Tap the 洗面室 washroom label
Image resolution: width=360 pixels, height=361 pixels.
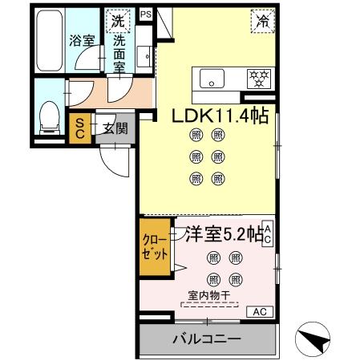[x=119, y=52]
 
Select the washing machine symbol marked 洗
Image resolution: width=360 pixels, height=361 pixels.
[x=117, y=19]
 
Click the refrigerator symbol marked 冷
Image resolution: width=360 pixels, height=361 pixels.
[x=262, y=21]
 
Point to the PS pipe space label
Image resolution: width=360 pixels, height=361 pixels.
[x=145, y=14]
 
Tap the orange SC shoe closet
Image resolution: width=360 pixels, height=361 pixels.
[x=81, y=128]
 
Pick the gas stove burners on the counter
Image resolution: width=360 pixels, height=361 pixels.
[x=258, y=79]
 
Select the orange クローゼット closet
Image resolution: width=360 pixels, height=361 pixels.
[x=156, y=248]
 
